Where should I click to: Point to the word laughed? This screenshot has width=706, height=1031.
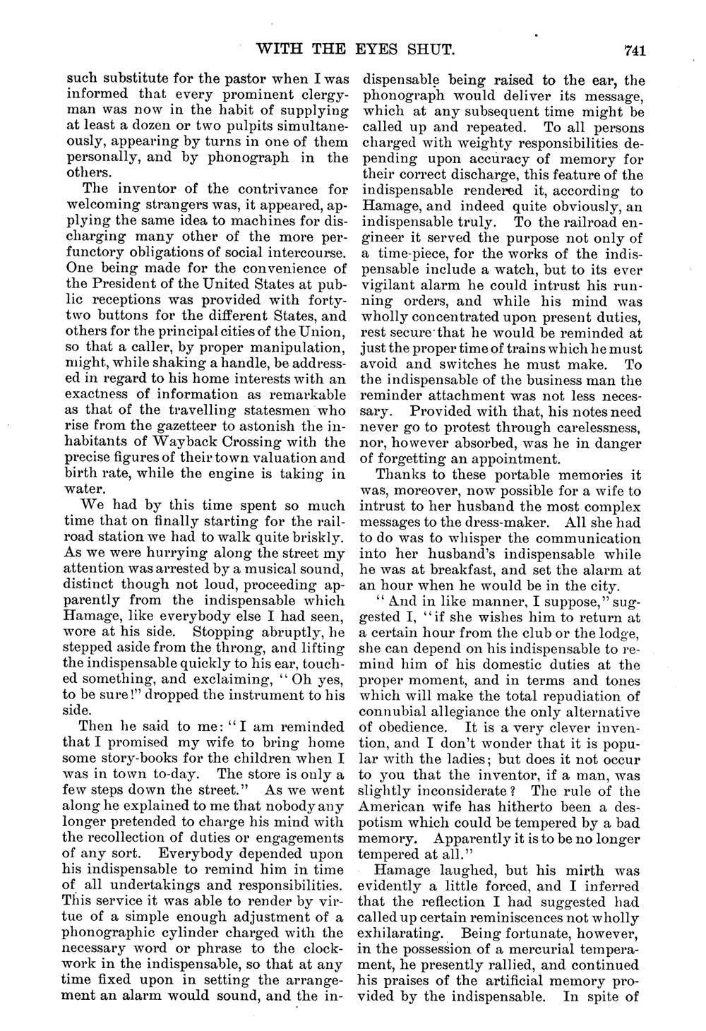click(458, 869)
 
